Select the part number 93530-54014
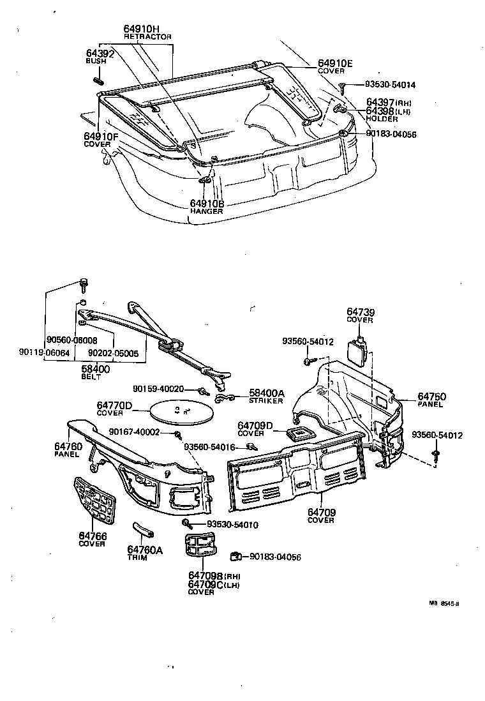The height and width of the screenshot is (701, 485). [x=390, y=84]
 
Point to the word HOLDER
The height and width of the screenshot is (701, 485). [x=381, y=119]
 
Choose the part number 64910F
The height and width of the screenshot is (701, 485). [x=101, y=137]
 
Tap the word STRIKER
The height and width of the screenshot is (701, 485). [x=265, y=401]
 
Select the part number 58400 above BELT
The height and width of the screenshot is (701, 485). [x=95, y=370]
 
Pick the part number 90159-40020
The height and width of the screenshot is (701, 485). [x=158, y=389]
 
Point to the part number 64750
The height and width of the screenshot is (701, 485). [x=432, y=396]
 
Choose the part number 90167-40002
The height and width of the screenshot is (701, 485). [x=134, y=432]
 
